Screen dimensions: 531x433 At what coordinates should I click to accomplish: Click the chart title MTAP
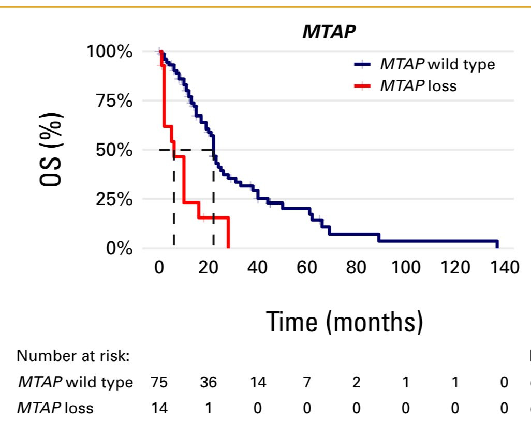[x=329, y=32]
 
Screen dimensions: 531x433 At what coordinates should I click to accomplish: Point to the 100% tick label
[x=109, y=52]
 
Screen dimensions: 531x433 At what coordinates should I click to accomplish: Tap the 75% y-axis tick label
[x=114, y=101]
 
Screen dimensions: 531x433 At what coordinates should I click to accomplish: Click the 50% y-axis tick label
[x=114, y=150]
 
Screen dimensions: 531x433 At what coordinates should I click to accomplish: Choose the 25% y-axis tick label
[x=114, y=199]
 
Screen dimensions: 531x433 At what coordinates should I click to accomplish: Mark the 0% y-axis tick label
[x=119, y=248]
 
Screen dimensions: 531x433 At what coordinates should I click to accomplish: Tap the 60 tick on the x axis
[x=307, y=267]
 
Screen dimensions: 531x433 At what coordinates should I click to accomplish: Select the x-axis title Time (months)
[x=345, y=322]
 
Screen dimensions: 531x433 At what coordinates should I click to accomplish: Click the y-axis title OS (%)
[x=51, y=150]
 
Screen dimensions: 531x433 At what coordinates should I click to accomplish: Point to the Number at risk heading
[x=73, y=356]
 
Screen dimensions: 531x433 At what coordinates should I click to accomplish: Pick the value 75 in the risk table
[x=159, y=382]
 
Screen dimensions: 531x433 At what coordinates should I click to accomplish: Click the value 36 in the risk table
[x=208, y=382]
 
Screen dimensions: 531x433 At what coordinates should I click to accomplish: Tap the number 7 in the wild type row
[x=307, y=382]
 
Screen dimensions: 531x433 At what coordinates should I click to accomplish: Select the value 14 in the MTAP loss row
[x=159, y=408]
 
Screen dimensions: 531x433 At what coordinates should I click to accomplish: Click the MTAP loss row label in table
[x=55, y=408]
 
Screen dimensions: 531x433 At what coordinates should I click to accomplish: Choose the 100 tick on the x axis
[x=406, y=267]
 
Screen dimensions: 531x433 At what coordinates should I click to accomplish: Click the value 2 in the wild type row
[x=356, y=382]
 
